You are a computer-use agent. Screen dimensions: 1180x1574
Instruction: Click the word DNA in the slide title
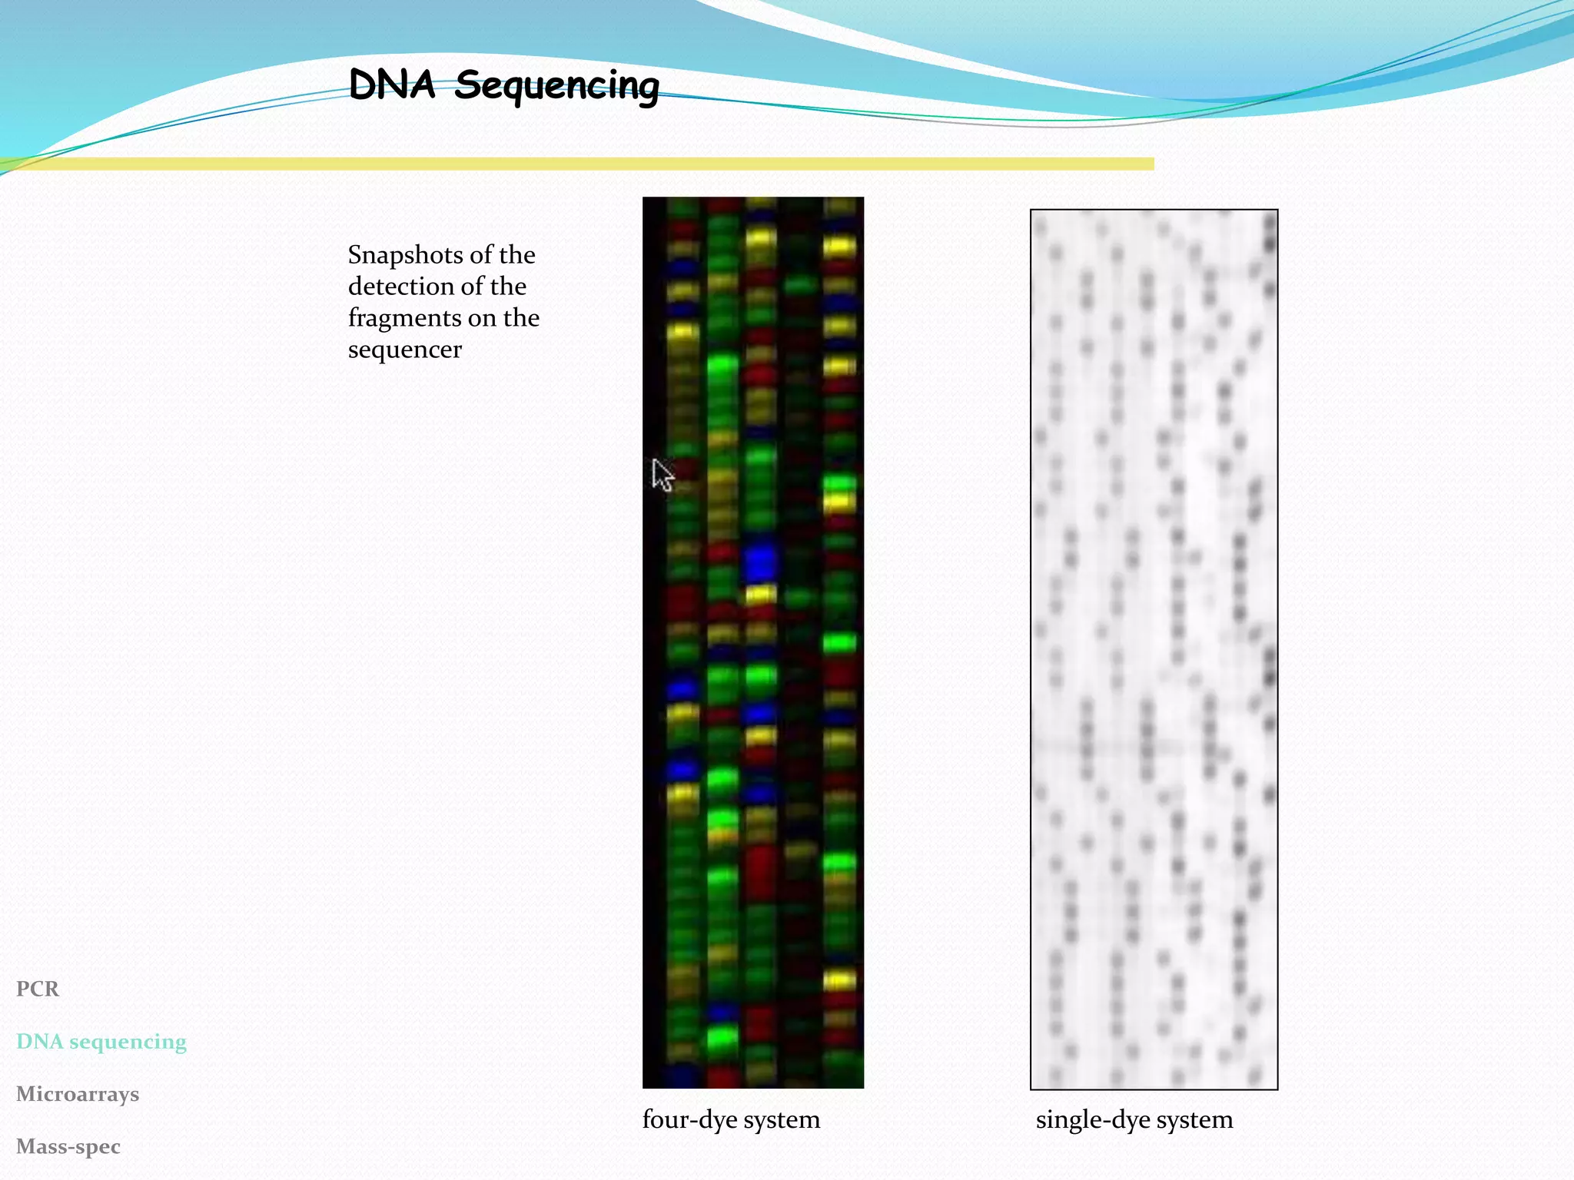tap(392, 85)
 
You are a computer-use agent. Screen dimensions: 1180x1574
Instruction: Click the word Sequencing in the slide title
tap(556, 86)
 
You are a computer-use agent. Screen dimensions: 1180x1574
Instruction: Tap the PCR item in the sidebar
tap(38, 989)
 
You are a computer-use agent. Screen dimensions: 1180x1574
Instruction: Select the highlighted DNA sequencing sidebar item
tap(101, 1042)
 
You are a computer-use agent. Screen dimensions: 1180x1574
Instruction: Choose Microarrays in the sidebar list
tap(78, 1094)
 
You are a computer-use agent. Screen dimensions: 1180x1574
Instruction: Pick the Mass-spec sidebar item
tap(68, 1146)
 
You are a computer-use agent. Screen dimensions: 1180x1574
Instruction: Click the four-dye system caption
tap(731, 1119)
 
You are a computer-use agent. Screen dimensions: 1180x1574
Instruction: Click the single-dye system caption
tap(1134, 1119)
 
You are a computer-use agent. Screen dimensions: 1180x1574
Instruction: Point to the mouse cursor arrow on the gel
tap(661, 473)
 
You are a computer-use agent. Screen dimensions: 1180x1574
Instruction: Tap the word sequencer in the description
tap(404, 350)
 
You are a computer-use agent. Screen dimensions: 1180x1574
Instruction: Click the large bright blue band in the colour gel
tap(761, 562)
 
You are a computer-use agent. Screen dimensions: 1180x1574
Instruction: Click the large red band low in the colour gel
tap(761, 872)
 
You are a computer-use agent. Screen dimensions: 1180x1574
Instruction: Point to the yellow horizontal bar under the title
tap(576, 164)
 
